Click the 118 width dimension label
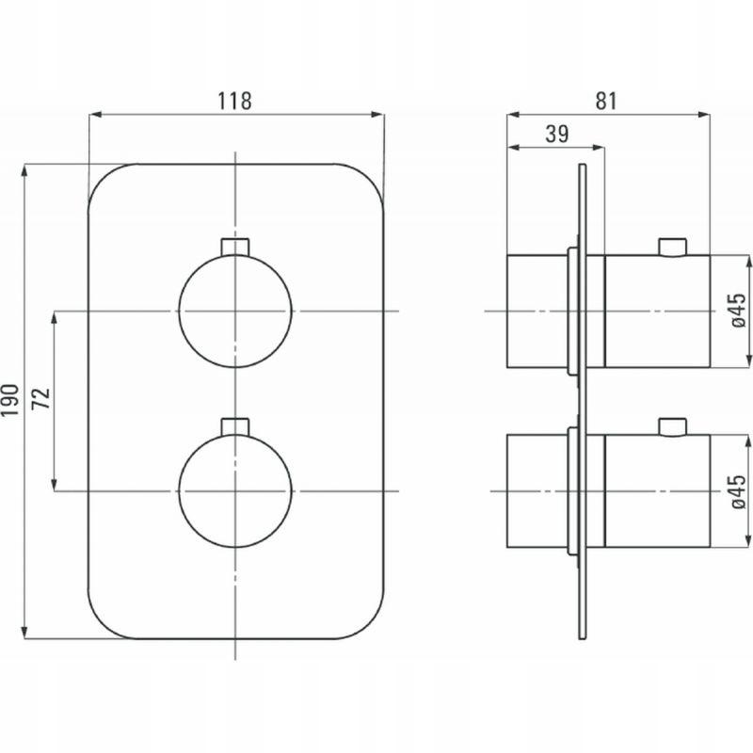point(234,101)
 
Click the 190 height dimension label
point(10,400)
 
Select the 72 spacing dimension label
point(40,398)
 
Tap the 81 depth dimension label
point(606,101)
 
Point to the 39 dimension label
point(557,134)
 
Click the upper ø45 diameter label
point(739,310)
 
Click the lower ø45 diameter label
point(739,490)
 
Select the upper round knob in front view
point(234,312)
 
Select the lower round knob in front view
point(234,491)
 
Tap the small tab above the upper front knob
point(234,247)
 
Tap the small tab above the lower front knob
point(234,426)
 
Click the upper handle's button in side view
point(673,248)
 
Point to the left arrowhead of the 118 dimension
point(96,114)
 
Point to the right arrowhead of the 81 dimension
point(704,114)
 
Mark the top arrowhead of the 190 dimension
point(24,170)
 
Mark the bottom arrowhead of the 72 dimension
point(54,486)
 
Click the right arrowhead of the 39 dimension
point(599,148)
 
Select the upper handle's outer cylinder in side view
point(657,312)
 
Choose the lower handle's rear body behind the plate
point(537,491)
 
